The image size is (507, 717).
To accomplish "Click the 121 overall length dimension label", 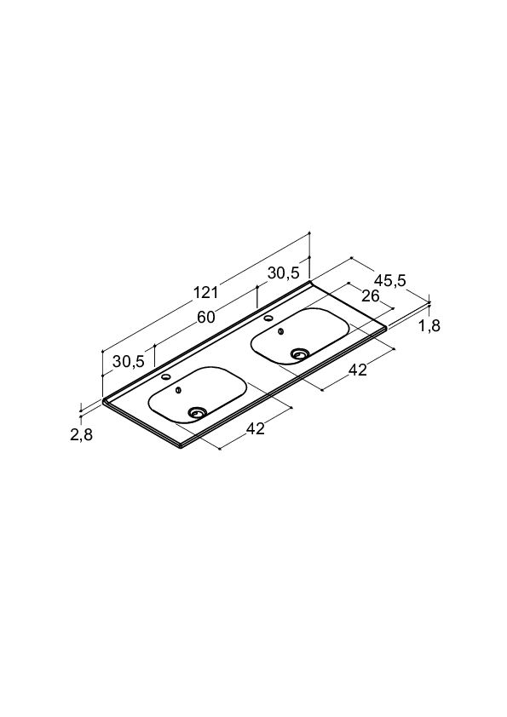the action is click(x=205, y=292).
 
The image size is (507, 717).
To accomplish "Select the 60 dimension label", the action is click(x=206, y=317).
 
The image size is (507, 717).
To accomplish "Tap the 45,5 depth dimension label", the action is click(x=389, y=280).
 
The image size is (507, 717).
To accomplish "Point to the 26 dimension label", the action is click(x=371, y=296).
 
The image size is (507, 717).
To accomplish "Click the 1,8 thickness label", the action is click(x=429, y=326).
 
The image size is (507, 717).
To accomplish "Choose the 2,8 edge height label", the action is click(x=82, y=435).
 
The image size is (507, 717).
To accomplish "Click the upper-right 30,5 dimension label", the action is click(x=283, y=273).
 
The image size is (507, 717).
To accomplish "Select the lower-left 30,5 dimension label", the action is click(x=129, y=361).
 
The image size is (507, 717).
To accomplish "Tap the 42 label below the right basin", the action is click(x=358, y=370).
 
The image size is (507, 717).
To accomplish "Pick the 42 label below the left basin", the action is click(x=256, y=428).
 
